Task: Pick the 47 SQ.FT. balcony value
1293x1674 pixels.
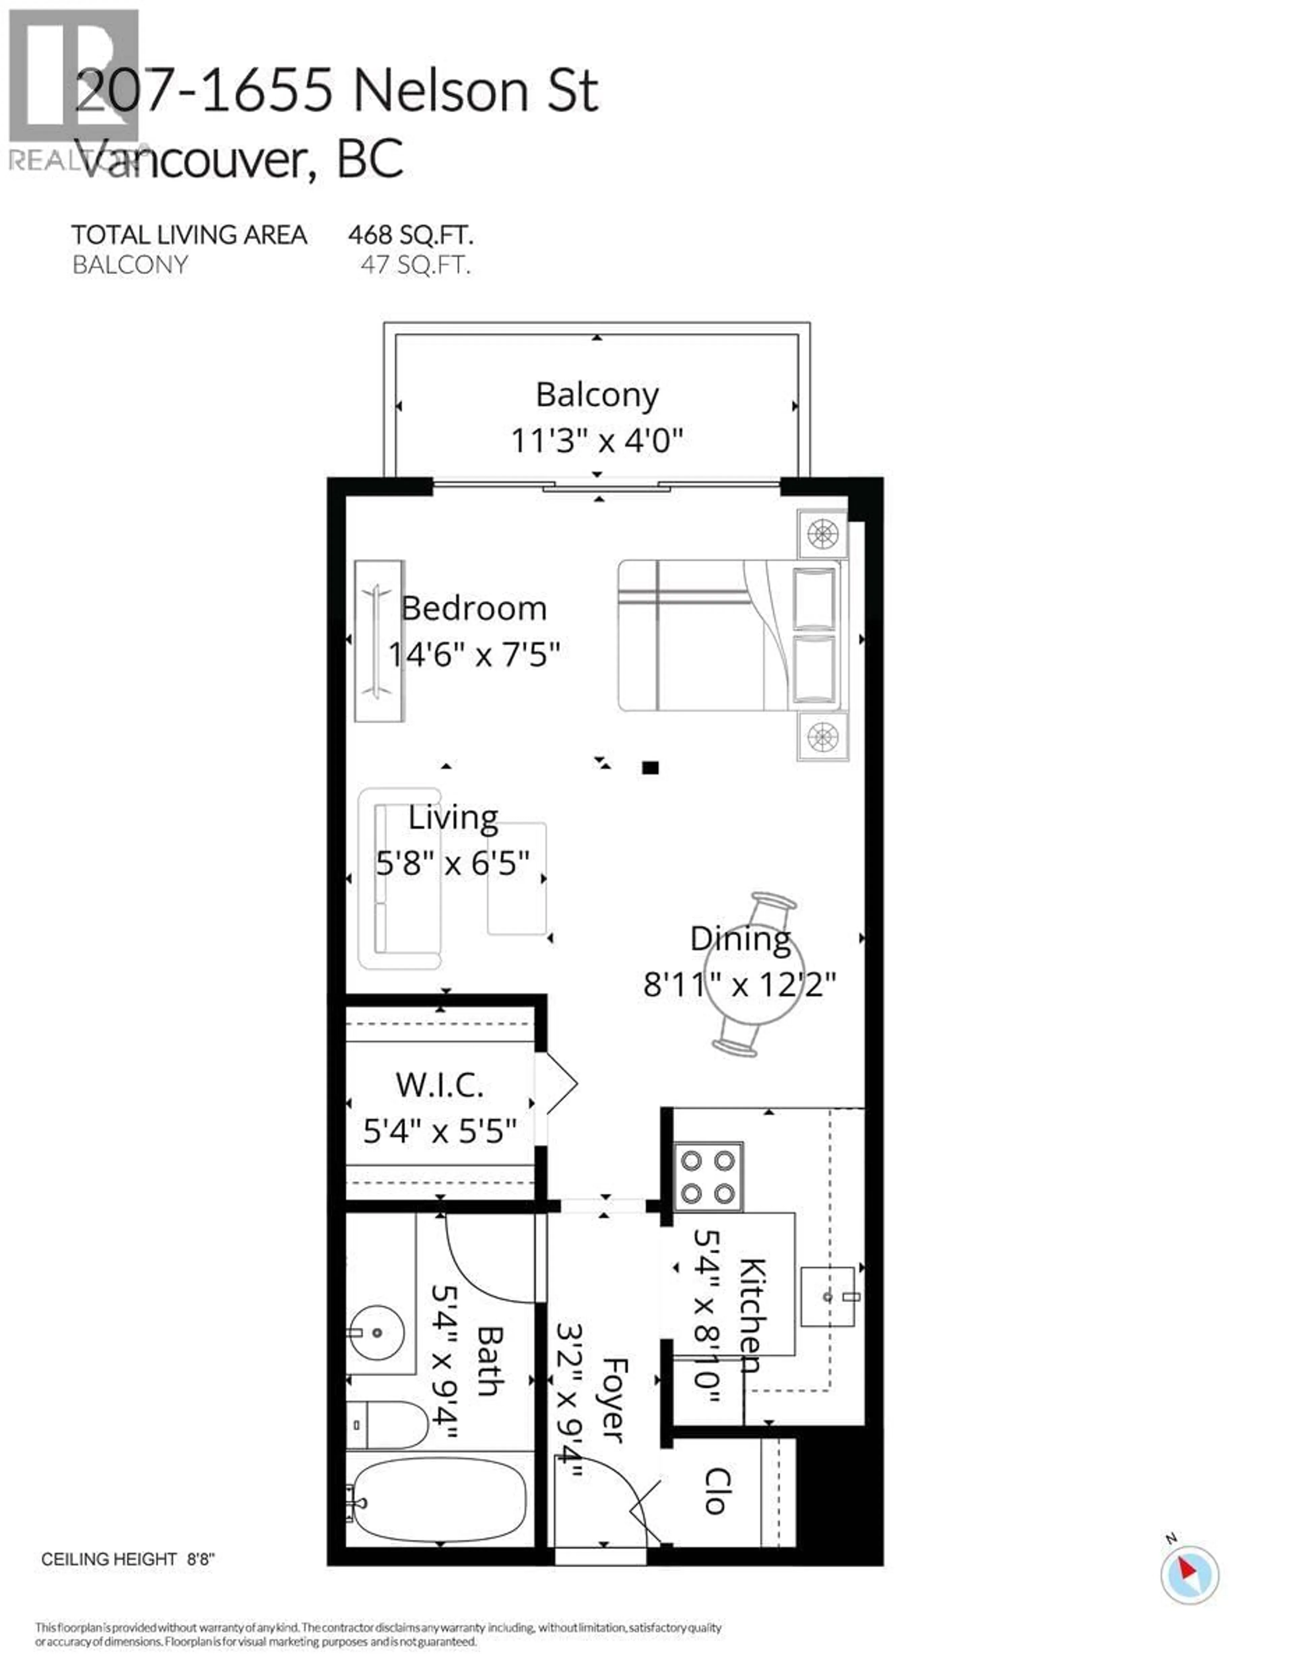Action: (x=415, y=265)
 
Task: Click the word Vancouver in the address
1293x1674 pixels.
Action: (x=195, y=159)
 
